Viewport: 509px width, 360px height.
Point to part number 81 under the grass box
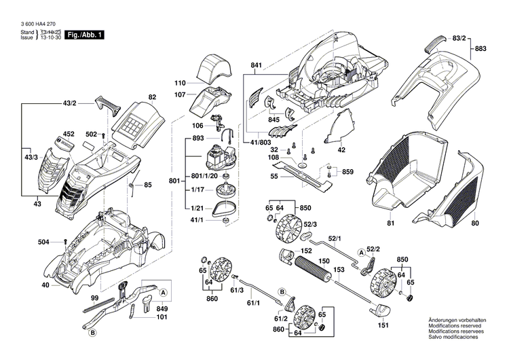[390, 223]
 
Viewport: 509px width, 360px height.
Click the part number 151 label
[383, 326]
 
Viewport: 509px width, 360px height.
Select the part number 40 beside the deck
[45, 285]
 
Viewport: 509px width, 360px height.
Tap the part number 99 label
[95, 300]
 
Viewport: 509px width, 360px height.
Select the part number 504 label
[43, 241]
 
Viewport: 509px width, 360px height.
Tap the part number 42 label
[342, 149]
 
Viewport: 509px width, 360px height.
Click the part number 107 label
[180, 94]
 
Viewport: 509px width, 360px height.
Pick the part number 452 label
[69, 134]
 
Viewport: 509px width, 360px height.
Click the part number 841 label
[256, 65]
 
